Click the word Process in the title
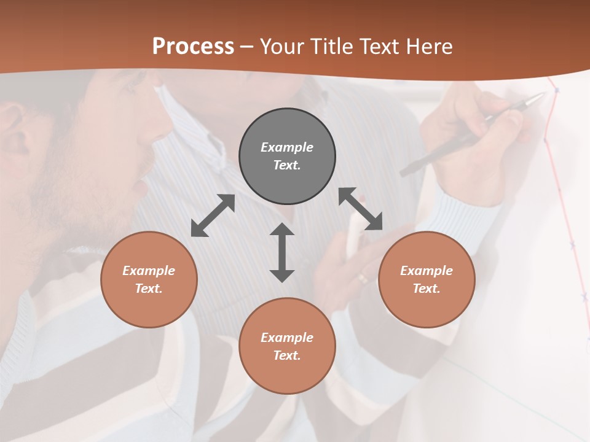pyautogui.click(x=193, y=47)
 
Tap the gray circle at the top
pyautogui.click(x=287, y=157)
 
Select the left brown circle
pyautogui.click(x=149, y=279)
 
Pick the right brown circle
pyautogui.click(x=427, y=279)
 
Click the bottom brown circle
pyautogui.click(x=287, y=346)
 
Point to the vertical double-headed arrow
pyautogui.click(x=282, y=252)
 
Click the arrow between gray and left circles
pyautogui.click(x=213, y=215)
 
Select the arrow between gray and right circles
pyautogui.click(x=360, y=209)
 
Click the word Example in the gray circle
pyautogui.click(x=287, y=147)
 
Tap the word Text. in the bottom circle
pyautogui.click(x=287, y=355)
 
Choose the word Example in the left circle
pyautogui.click(x=149, y=271)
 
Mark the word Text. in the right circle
pyautogui.click(x=427, y=289)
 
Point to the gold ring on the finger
pyautogui.click(x=364, y=278)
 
